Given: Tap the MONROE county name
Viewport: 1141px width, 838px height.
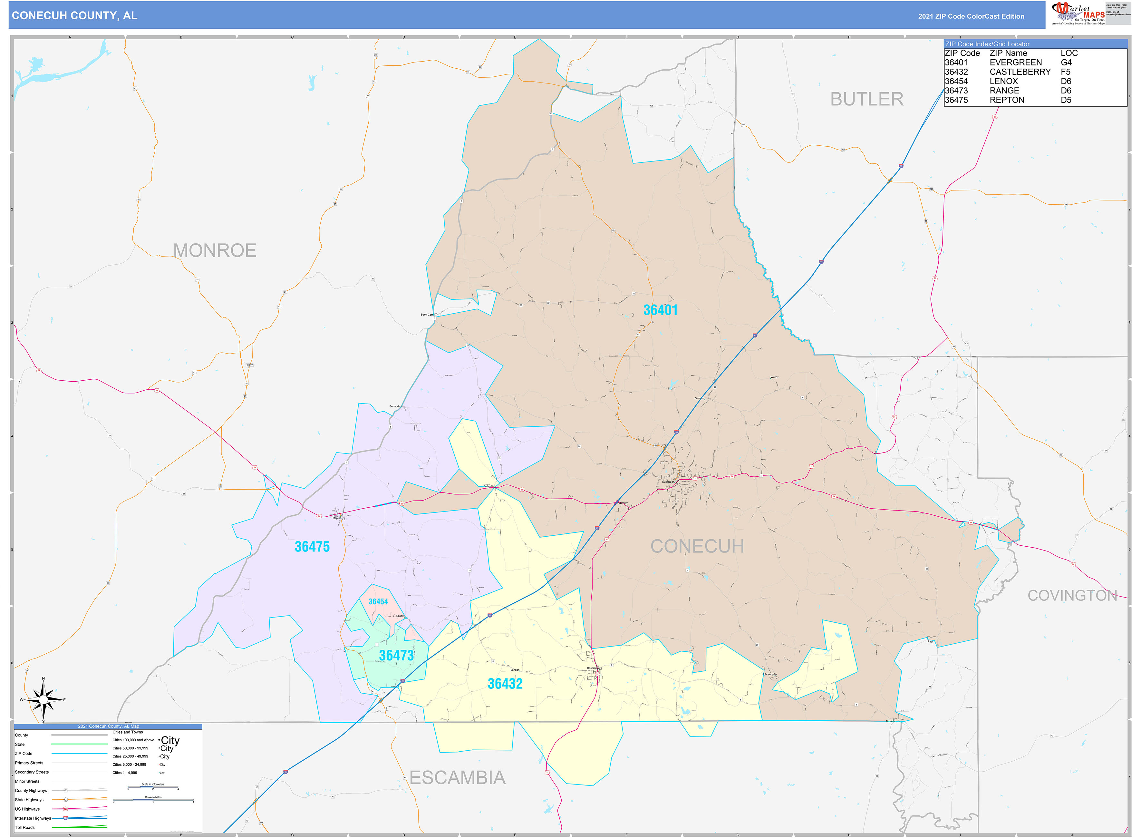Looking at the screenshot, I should [215, 250].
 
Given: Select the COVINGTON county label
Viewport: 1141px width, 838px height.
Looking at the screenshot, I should [1072, 596].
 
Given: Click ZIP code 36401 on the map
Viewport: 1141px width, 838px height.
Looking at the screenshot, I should [660, 310].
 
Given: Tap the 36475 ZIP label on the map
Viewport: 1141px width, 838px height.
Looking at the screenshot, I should [312, 547].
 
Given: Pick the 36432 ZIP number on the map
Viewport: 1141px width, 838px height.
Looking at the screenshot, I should [505, 684].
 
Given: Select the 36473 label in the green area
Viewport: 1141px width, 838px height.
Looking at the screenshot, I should [396, 655].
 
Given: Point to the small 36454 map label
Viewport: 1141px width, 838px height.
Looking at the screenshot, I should [378, 602].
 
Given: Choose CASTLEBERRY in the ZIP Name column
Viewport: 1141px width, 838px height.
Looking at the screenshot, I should [1020, 72].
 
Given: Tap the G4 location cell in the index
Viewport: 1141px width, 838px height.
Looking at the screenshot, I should [1066, 63].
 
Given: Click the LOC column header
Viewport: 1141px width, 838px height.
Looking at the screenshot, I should [1069, 53].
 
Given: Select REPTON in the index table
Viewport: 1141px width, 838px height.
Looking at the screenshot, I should [1007, 100].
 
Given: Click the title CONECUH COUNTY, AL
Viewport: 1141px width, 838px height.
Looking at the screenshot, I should [74, 16].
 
